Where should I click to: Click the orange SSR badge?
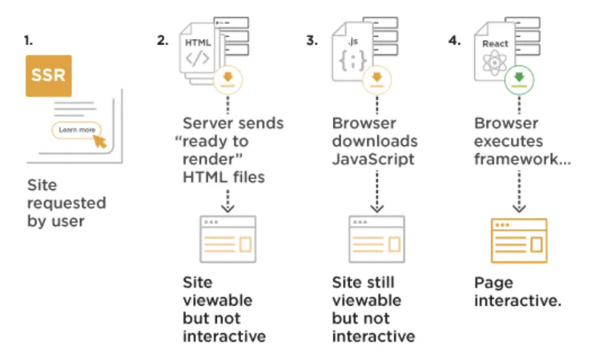[x=48, y=75]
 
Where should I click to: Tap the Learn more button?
[x=77, y=130]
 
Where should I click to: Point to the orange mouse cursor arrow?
[x=100, y=141]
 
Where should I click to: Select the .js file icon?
[x=352, y=51]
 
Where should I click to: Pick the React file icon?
[x=494, y=51]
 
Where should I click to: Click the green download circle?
[x=519, y=80]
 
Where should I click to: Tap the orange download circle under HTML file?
[x=228, y=80]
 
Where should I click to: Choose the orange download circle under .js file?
[x=377, y=80]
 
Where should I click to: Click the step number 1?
[x=28, y=40]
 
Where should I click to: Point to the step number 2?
[x=162, y=40]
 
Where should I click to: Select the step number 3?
[x=312, y=40]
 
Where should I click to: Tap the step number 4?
[x=455, y=40]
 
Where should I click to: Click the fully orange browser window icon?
[x=519, y=241]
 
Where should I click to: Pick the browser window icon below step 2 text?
[x=228, y=239]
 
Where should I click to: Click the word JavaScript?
[x=373, y=159]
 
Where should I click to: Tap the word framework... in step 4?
[x=522, y=159]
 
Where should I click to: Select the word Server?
[x=207, y=124]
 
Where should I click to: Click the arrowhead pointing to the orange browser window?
[x=519, y=208]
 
